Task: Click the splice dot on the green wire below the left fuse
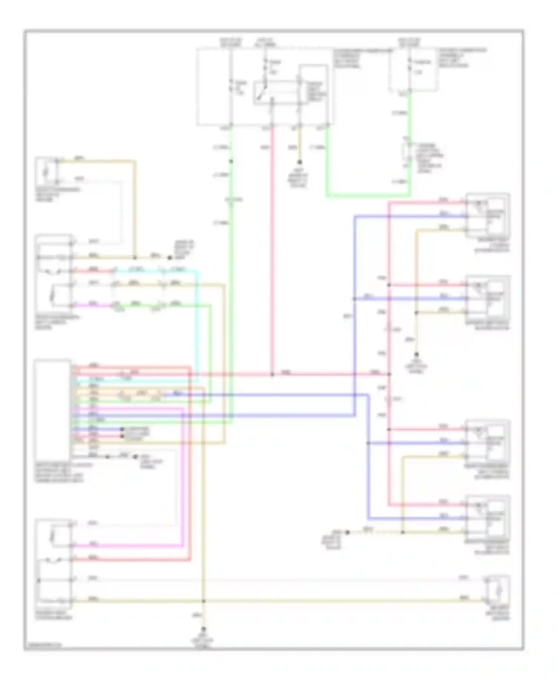point(231,161)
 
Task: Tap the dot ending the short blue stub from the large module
point(122,429)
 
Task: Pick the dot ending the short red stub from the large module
point(122,436)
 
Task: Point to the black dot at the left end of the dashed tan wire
point(347,532)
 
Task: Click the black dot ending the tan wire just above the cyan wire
point(170,257)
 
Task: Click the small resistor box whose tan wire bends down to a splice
point(46,171)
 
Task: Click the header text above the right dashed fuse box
point(409,42)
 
